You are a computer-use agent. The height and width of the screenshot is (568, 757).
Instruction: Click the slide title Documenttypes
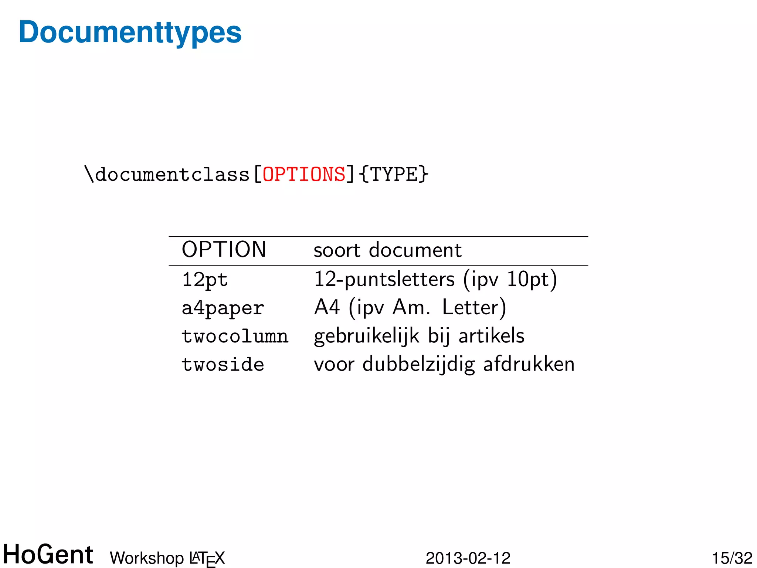point(130,33)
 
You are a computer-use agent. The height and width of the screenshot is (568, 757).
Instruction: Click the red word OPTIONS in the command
point(304,174)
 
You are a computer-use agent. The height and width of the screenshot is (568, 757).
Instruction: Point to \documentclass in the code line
point(167,174)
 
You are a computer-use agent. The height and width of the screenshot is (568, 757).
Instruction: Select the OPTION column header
point(224,250)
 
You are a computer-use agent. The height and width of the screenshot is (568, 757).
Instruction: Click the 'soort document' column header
point(387,250)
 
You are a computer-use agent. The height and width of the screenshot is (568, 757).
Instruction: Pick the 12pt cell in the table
point(205,280)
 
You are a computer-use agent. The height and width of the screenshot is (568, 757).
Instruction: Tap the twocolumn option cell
point(235,337)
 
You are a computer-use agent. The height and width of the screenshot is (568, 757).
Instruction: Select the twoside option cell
point(223,365)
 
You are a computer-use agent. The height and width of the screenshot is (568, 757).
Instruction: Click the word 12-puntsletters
point(384,280)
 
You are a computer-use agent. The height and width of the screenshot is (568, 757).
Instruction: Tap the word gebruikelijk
point(366,337)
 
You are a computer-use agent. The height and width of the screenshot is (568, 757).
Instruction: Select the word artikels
point(491,336)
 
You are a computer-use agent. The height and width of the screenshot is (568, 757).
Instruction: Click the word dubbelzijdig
point(418,365)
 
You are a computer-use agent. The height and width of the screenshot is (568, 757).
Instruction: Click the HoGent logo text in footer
point(48,555)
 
